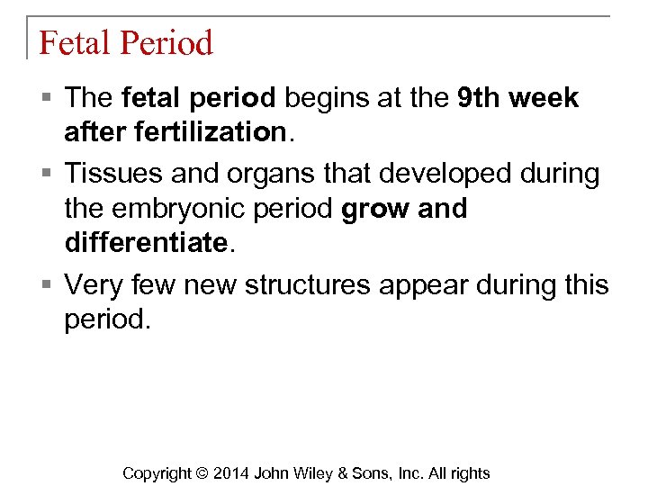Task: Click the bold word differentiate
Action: [x=144, y=243]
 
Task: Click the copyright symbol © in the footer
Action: [x=202, y=473]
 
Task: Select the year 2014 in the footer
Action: [x=232, y=473]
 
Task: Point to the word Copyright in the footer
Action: [x=157, y=473]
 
